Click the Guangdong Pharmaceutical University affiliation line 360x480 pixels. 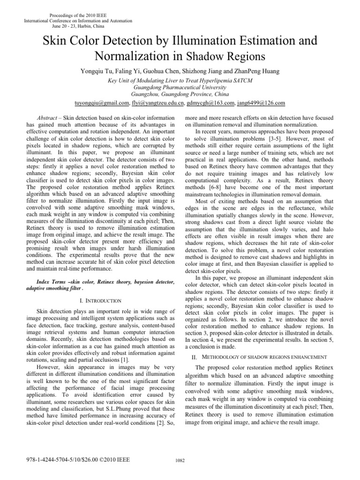click(180, 87)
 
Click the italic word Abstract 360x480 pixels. click(48, 118)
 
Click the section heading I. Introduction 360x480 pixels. click(101, 300)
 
